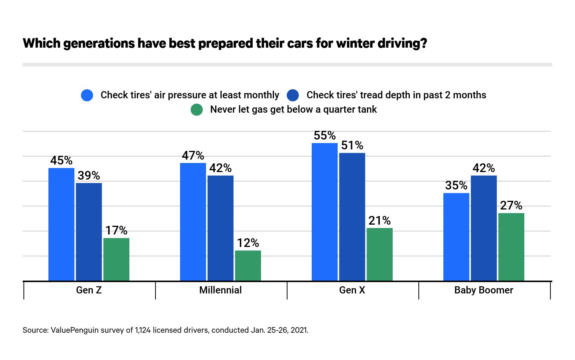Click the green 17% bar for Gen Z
click(x=116, y=259)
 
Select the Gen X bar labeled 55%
click(x=325, y=212)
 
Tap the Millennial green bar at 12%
click(x=248, y=265)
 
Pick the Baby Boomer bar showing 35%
click(x=456, y=237)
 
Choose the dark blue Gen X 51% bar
click(x=352, y=217)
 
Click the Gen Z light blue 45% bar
click(x=61, y=225)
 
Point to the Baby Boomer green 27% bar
click(x=511, y=247)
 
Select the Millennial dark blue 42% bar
click(x=221, y=228)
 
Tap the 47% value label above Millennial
click(x=193, y=155)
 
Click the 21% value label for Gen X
click(x=379, y=220)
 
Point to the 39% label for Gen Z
click(x=89, y=175)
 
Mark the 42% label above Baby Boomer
click(x=484, y=168)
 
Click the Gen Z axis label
click(x=89, y=290)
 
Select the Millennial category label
click(x=221, y=290)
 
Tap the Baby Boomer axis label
click(x=484, y=290)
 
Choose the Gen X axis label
click(x=352, y=290)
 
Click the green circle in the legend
click(x=197, y=110)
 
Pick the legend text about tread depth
click(x=396, y=95)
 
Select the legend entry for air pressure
click(x=190, y=95)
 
